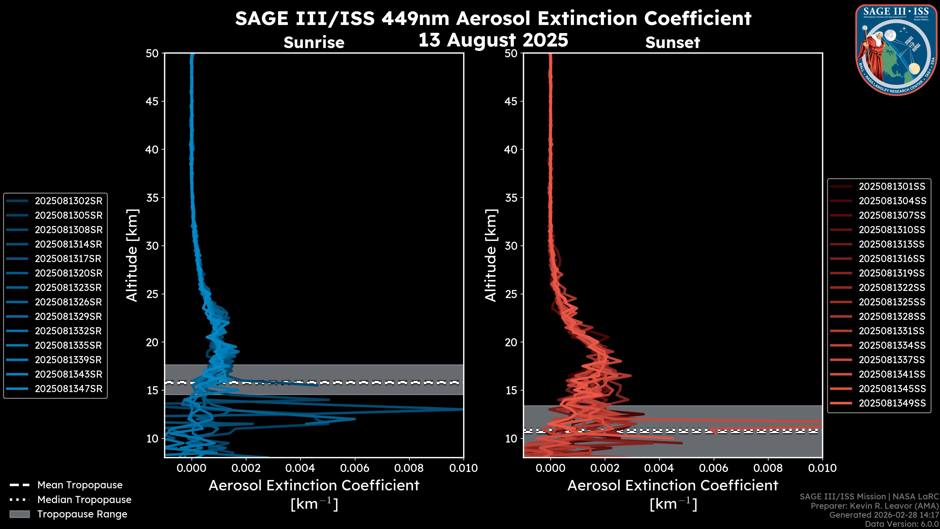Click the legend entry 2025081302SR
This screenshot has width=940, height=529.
pyautogui.click(x=69, y=201)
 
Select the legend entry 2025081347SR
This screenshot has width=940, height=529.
pyautogui.click(x=69, y=389)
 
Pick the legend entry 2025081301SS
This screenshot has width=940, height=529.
pyautogui.click(x=892, y=187)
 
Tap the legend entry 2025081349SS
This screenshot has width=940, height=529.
pyautogui.click(x=892, y=403)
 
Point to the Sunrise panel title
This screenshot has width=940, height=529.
pyautogui.click(x=314, y=43)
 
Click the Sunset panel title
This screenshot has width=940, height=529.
pyautogui.click(x=672, y=43)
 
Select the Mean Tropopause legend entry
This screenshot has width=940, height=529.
pyautogui.click(x=80, y=485)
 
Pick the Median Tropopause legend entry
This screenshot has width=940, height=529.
pyautogui.click(x=84, y=499)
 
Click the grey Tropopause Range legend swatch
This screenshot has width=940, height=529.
pyautogui.click(x=20, y=514)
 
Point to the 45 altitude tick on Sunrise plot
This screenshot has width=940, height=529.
pyautogui.click(x=152, y=101)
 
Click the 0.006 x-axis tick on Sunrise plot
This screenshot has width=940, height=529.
pyautogui.click(x=355, y=468)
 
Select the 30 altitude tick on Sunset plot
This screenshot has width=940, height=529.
pyautogui.click(x=511, y=246)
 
